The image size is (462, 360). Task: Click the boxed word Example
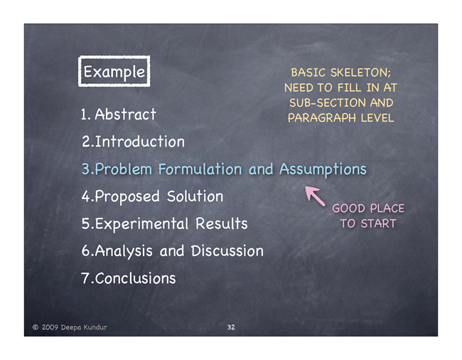pos(114,72)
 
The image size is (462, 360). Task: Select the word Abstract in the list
pos(125,114)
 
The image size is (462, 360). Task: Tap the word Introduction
pos(139,142)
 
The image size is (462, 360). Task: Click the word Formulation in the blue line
pos(200,169)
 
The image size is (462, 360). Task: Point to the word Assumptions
pos(323,169)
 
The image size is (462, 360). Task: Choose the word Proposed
pos(127,196)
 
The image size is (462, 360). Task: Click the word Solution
pos(195,196)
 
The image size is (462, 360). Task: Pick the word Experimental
pos(141,223)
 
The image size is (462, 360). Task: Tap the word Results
pos(222,223)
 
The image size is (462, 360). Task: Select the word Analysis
pos(124,251)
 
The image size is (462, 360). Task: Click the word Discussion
pos(227,251)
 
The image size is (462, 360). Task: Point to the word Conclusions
pos(135,278)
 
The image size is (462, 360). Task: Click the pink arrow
pos(315,196)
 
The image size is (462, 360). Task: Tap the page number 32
pos(231,327)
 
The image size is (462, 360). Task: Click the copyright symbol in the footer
pos(36,327)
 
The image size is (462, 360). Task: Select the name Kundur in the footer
pos(95,327)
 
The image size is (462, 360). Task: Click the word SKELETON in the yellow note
pos(360,73)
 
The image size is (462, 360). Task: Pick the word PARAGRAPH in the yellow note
pos(322,118)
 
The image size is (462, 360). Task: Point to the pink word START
pos(379,223)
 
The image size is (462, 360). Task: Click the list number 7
pos(85,278)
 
